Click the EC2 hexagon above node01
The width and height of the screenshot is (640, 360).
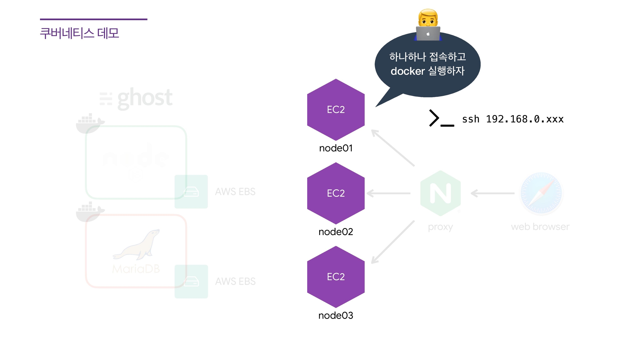coord(336,110)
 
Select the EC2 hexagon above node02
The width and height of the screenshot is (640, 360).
coord(336,193)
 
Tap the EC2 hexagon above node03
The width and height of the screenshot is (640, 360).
coord(336,277)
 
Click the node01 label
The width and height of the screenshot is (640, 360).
coord(336,148)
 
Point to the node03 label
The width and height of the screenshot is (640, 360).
coord(336,315)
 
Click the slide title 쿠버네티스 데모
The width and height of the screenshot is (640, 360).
coord(79,33)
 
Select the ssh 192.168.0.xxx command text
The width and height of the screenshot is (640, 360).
coord(512,119)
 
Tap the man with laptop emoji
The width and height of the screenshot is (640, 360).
coord(428,25)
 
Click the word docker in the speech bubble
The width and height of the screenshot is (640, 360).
coord(407,71)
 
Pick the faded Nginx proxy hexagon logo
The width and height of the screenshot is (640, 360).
coord(441,193)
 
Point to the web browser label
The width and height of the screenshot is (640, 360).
coord(540,227)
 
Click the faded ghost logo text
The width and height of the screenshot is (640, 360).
coord(144,98)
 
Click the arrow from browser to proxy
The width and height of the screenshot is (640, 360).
coord(492,193)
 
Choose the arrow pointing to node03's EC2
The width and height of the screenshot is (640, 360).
coord(393,242)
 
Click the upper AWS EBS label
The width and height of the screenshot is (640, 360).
coord(235,192)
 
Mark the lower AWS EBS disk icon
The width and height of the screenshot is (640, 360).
coord(191,281)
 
